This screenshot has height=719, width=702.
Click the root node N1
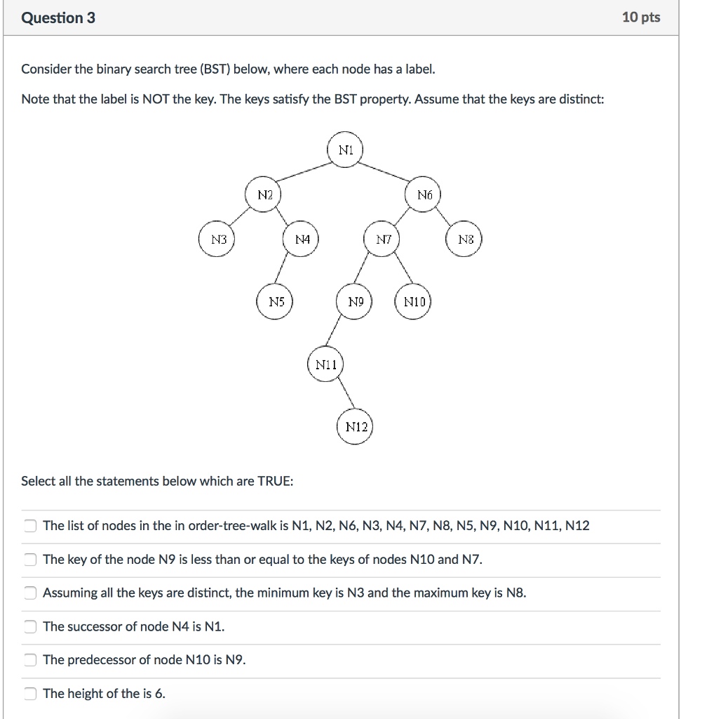pyautogui.click(x=345, y=150)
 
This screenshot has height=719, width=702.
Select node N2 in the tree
pyautogui.click(x=264, y=194)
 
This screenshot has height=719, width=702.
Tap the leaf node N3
pyautogui.click(x=219, y=239)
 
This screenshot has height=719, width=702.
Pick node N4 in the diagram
pyautogui.click(x=302, y=239)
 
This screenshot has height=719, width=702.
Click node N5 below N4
pyautogui.click(x=276, y=303)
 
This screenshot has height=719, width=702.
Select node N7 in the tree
pyautogui.click(x=383, y=240)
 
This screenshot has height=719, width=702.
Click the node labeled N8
pyautogui.click(x=466, y=240)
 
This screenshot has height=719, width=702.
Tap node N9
pyautogui.click(x=356, y=303)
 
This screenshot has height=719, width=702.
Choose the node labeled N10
pyautogui.click(x=413, y=303)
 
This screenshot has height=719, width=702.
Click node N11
pyautogui.click(x=325, y=364)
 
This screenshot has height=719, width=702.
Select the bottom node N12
pyautogui.click(x=355, y=427)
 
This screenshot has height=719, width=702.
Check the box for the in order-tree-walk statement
pyautogui.click(x=29, y=526)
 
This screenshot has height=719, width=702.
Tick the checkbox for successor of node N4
pyautogui.click(x=29, y=626)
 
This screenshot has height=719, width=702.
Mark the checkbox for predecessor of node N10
pyautogui.click(x=29, y=660)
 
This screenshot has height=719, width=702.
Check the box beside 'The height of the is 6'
pyautogui.click(x=29, y=694)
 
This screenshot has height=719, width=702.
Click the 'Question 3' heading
pyautogui.click(x=58, y=18)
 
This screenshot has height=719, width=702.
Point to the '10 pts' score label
pyautogui.click(x=641, y=18)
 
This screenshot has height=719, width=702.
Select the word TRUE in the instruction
pyautogui.click(x=275, y=482)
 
